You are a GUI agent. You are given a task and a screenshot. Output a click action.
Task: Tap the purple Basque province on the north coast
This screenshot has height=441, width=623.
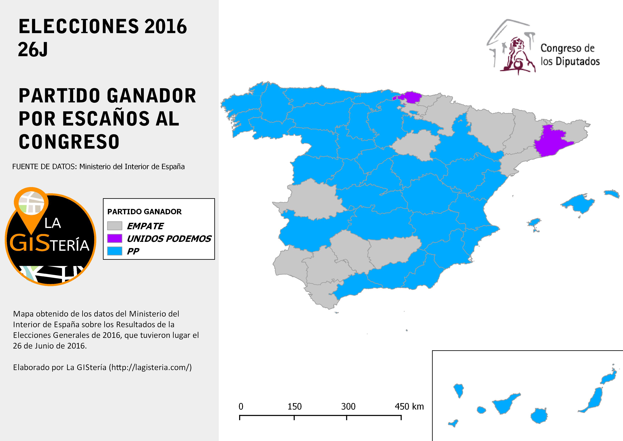point(411,97)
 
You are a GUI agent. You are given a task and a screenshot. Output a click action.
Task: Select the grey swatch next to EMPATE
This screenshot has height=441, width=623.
point(115,226)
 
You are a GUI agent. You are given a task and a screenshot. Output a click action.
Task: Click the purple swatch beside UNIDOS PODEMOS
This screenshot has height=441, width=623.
point(115,238)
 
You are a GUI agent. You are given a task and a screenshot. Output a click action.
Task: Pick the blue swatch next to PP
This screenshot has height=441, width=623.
point(115,251)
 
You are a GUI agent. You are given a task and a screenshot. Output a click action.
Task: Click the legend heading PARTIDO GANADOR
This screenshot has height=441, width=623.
point(144,212)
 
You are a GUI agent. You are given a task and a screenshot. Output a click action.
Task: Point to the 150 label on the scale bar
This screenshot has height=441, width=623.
point(294,407)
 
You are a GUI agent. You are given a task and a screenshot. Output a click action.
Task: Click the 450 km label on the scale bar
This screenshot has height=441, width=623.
point(409,407)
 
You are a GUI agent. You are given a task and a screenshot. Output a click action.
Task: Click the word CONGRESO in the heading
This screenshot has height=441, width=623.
point(69,142)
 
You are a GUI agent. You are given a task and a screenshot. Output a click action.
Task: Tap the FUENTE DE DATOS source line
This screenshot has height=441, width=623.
point(98,166)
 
